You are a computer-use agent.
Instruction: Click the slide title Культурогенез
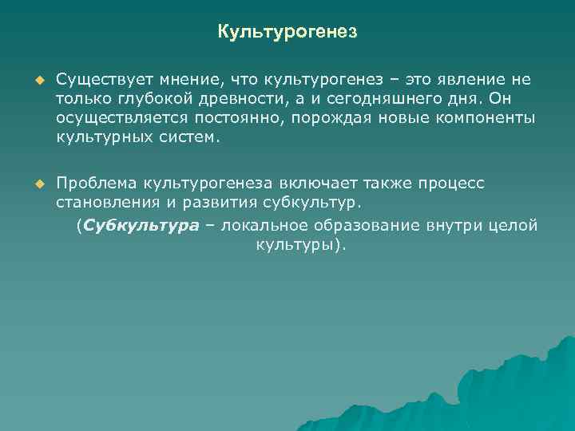click(287, 33)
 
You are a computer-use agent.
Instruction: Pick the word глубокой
click(154, 98)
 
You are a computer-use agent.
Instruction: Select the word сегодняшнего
click(376, 98)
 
